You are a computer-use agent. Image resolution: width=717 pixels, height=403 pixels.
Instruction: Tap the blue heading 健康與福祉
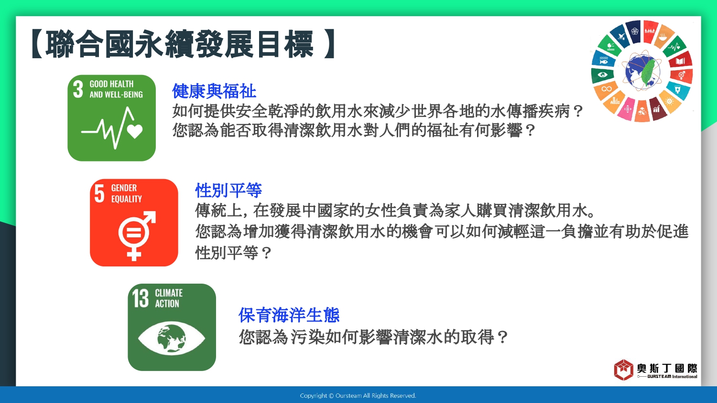[214, 91]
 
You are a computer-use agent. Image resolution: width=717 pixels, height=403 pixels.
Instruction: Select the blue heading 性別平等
[228, 191]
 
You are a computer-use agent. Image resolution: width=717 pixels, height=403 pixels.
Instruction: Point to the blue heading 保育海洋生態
[289, 315]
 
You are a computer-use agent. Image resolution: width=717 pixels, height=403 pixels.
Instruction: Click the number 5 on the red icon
[99, 193]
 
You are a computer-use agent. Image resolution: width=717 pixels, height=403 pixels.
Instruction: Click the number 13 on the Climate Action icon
[140, 298]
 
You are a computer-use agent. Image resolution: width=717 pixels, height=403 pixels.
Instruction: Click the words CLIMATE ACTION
[169, 298]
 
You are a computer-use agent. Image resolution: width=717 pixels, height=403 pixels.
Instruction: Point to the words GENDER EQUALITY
[127, 193]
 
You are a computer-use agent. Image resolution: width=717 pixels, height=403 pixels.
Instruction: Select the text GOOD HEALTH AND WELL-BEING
[116, 89]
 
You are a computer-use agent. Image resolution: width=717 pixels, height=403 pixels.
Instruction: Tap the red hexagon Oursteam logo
[623, 370]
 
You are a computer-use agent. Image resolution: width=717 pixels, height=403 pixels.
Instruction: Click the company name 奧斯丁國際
[667, 369]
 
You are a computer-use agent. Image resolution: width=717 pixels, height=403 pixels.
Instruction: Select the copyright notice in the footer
[358, 396]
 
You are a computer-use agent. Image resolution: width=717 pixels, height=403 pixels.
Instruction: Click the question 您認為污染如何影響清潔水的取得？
[373, 337]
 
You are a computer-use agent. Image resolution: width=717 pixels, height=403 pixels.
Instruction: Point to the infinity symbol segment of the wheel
[606, 89]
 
